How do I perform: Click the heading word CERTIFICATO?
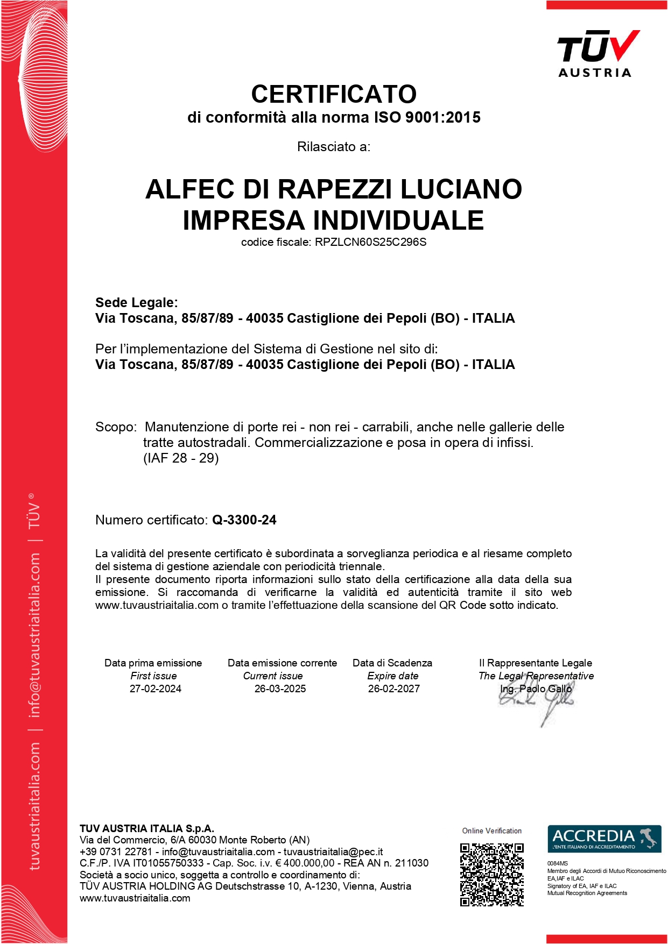(x=334, y=94)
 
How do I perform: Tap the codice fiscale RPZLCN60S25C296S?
(x=370, y=242)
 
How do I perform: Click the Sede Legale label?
(x=136, y=302)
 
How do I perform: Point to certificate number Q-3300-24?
(x=244, y=520)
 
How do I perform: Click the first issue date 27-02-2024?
(x=155, y=689)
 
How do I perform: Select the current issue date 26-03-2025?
(x=280, y=689)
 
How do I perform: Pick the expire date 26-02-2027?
(x=393, y=689)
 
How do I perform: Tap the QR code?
(x=491, y=875)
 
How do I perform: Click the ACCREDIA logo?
(x=604, y=838)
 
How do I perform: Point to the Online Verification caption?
(x=491, y=831)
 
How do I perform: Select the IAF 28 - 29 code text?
(x=181, y=458)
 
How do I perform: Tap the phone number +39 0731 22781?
(x=116, y=851)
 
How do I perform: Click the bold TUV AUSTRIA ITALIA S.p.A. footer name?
(x=147, y=828)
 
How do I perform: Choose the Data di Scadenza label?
(x=392, y=663)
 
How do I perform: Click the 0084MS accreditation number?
(x=557, y=863)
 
